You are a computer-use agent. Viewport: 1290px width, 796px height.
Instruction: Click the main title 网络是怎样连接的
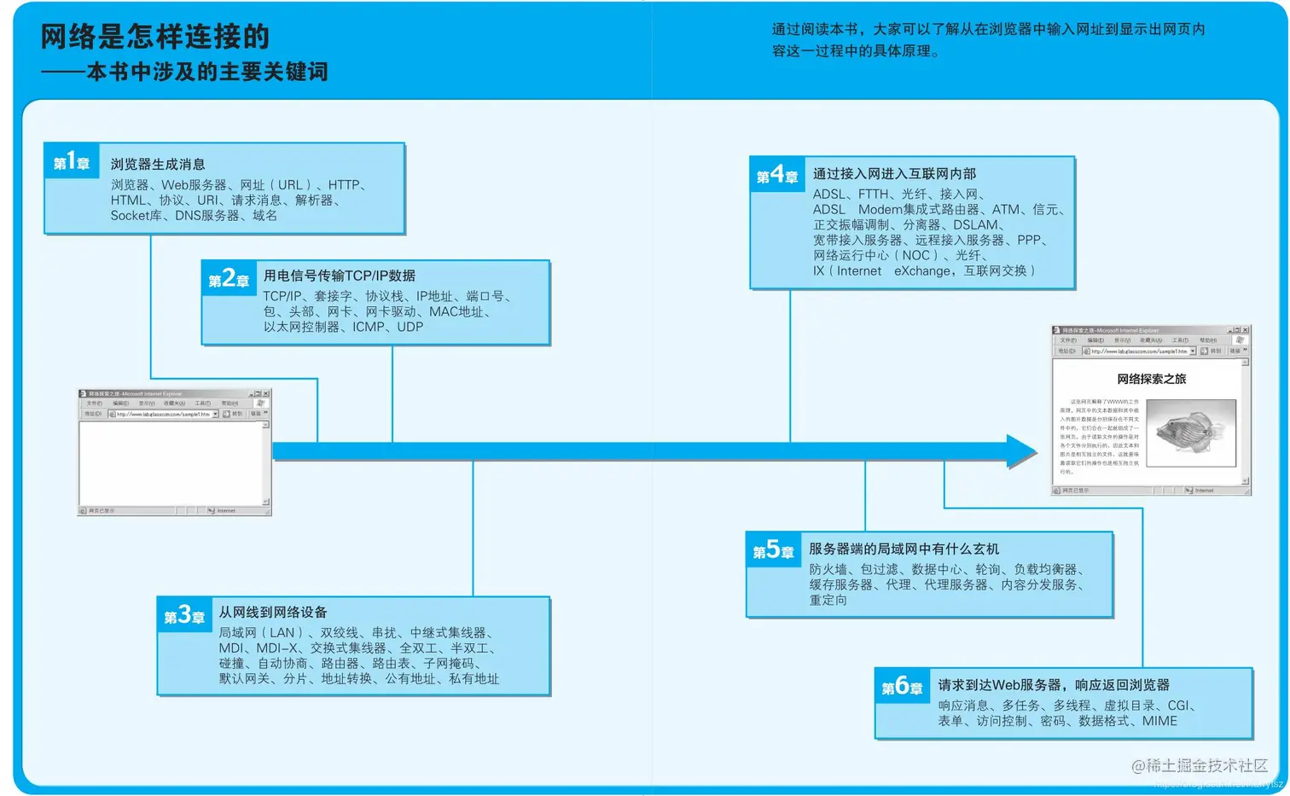[x=155, y=37]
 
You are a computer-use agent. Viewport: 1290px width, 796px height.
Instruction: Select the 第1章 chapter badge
[x=72, y=162]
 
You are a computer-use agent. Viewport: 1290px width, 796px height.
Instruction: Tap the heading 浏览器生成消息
[x=158, y=164]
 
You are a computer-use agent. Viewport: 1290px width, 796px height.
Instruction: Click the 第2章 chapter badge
[x=229, y=279]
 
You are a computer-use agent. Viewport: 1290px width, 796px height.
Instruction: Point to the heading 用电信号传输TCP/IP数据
[x=340, y=276]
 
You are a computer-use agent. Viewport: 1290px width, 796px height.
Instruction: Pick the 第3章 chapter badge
[x=184, y=616]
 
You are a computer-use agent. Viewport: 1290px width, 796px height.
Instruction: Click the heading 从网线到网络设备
[x=273, y=612]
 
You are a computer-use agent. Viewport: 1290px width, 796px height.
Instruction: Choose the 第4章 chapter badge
[x=777, y=176]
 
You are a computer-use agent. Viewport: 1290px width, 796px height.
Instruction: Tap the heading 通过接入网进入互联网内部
[x=894, y=173]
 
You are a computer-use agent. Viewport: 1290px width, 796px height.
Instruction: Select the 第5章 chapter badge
[x=773, y=551]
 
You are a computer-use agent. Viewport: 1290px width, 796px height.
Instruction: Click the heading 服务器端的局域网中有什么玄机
[x=904, y=549]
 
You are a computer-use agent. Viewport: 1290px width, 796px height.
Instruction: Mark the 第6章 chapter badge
[x=902, y=687]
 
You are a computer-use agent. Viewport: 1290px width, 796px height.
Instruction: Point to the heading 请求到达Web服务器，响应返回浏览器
[x=1054, y=685]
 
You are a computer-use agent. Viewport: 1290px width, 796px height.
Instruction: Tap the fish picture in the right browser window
[x=1191, y=433]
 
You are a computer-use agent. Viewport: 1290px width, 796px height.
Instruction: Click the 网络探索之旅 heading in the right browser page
[x=1151, y=379]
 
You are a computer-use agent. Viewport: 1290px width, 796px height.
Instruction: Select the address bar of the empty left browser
[x=162, y=414]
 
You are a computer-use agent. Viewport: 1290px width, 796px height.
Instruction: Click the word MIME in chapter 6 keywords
[x=1159, y=721]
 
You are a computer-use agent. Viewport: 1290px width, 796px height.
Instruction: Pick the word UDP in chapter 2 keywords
[x=410, y=327]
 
